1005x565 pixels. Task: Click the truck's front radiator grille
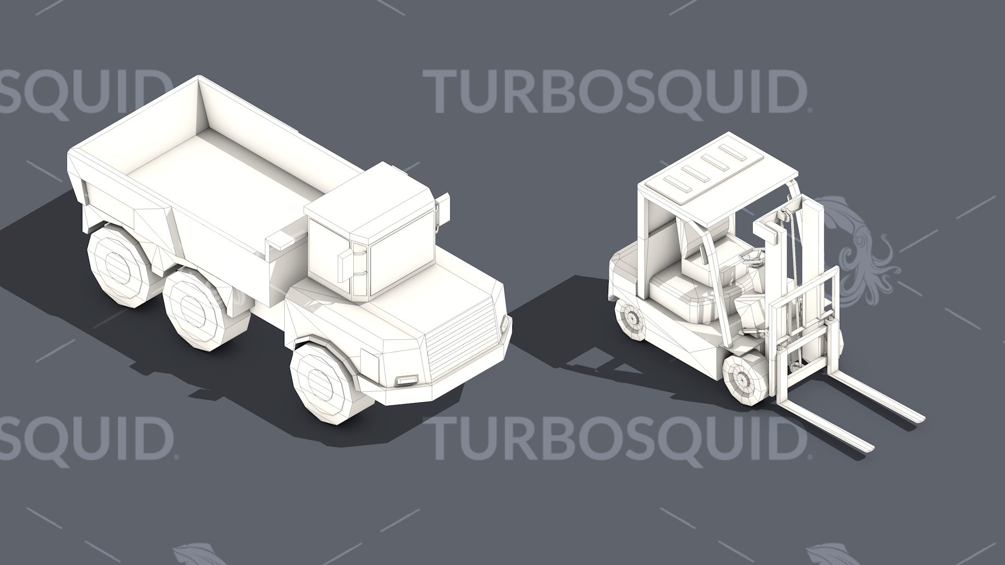tap(463, 335)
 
